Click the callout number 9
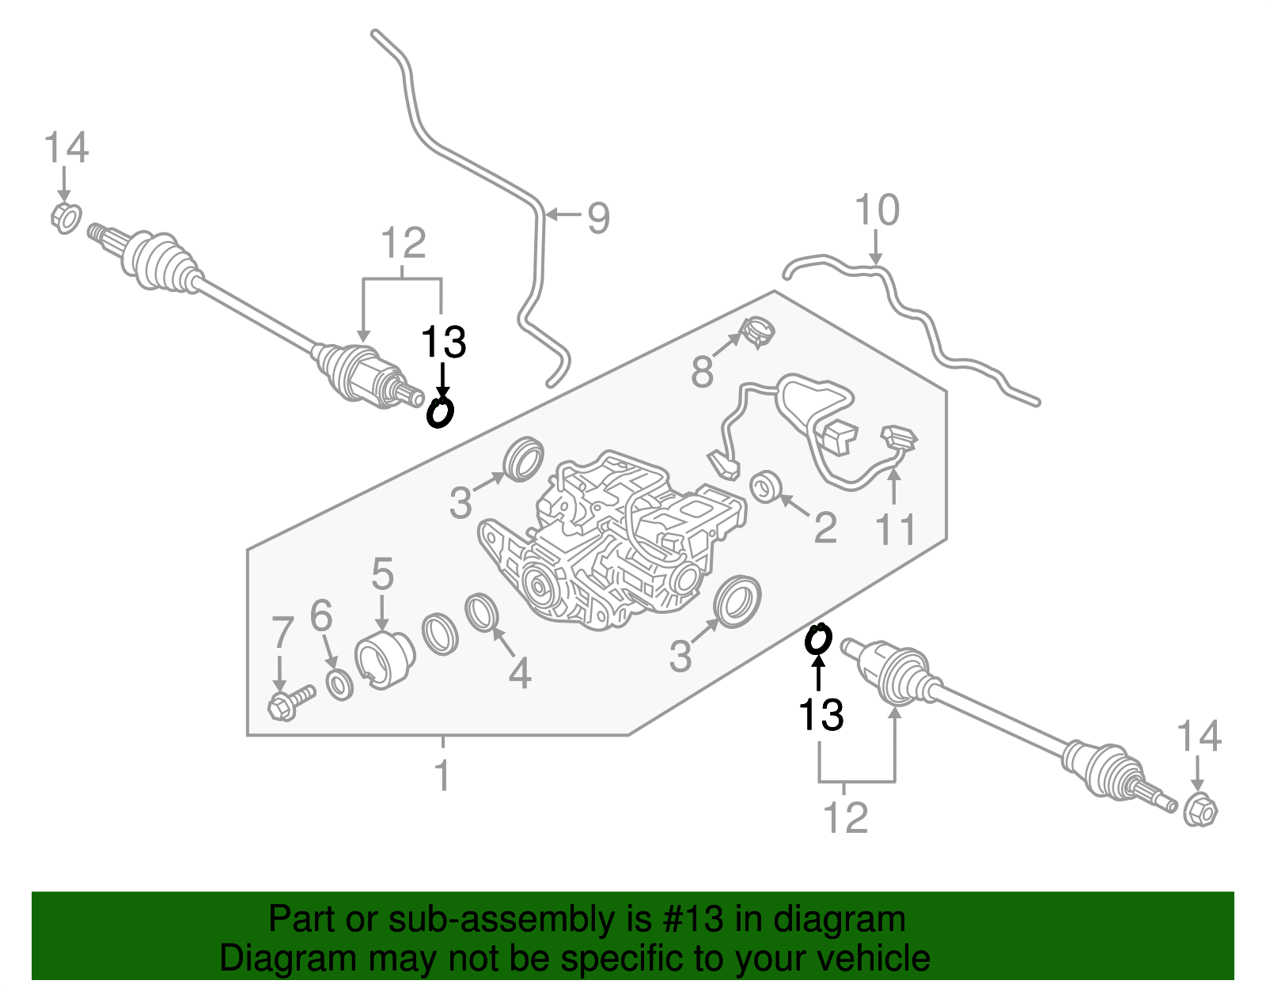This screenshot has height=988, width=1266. [x=598, y=218]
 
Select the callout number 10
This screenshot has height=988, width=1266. [x=877, y=210]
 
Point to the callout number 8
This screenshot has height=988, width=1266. [x=702, y=372]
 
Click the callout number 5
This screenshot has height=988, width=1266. [x=383, y=573]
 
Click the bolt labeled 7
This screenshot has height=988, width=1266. [x=291, y=703]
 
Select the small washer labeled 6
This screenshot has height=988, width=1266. [x=340, y=685]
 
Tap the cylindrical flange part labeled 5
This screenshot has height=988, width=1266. [x=385, y=661]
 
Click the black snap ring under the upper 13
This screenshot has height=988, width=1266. [x=440, y=413]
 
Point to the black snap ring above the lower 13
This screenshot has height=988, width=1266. [x=818, y=639]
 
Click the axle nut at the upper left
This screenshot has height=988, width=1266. [x=66, y=218]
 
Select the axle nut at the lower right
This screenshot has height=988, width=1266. [x=1200, y=808]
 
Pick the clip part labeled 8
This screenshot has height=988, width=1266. [x=756, y=332]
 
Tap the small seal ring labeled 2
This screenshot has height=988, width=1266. [x=764, y=486]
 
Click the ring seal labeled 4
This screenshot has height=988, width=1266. [x=482, y=612]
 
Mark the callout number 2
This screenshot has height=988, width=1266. [x=825, y=528]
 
